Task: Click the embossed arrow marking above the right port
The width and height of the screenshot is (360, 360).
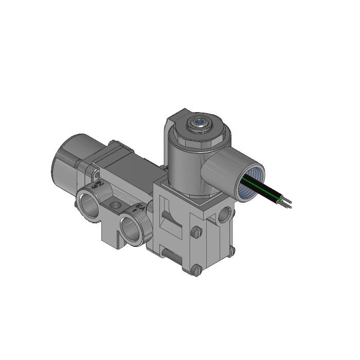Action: [138, 207]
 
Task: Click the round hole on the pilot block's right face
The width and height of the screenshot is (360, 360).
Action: [223, 215]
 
